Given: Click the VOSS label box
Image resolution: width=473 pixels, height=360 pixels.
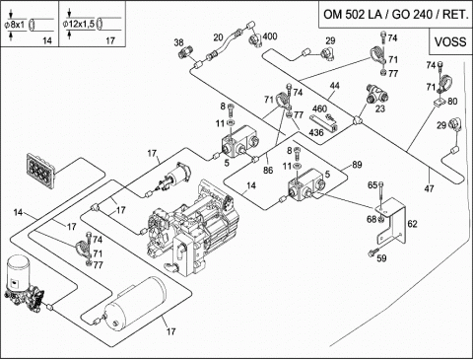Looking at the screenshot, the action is (450, 41).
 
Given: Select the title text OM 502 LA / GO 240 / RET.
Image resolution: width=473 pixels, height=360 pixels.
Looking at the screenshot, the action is (396, 15).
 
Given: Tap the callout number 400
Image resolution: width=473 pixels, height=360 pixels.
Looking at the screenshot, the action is (270, 36).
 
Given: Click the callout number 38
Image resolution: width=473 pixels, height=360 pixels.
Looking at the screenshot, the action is (178, 42).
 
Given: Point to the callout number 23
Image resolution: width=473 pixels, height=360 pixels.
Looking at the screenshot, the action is (379, 108).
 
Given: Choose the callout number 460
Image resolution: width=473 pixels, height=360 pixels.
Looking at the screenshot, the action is (319, 108).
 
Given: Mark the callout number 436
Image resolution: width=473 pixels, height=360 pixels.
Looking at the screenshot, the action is (316, 132).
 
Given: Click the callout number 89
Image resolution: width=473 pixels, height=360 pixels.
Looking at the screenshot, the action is (357, 165).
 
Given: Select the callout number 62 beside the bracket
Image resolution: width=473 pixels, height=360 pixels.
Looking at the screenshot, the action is (412, 224).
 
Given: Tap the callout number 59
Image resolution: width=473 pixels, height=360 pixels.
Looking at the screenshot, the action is (381, 258).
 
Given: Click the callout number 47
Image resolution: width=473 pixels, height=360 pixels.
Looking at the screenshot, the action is (429, 188).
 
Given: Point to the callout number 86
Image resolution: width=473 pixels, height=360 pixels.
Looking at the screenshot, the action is (268, 170).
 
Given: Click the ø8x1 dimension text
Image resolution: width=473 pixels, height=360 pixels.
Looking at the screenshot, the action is (15, 25).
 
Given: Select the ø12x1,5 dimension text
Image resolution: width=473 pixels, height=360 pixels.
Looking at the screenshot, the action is (79, 24).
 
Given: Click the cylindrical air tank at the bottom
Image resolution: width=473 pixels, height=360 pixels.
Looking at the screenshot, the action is (135, 304).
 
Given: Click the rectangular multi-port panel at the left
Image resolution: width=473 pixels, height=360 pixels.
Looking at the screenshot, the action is (40, 171).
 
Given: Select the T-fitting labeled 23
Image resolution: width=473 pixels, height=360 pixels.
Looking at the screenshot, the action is (376, 94).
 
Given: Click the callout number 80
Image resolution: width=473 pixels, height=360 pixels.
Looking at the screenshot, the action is (452, 102).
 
